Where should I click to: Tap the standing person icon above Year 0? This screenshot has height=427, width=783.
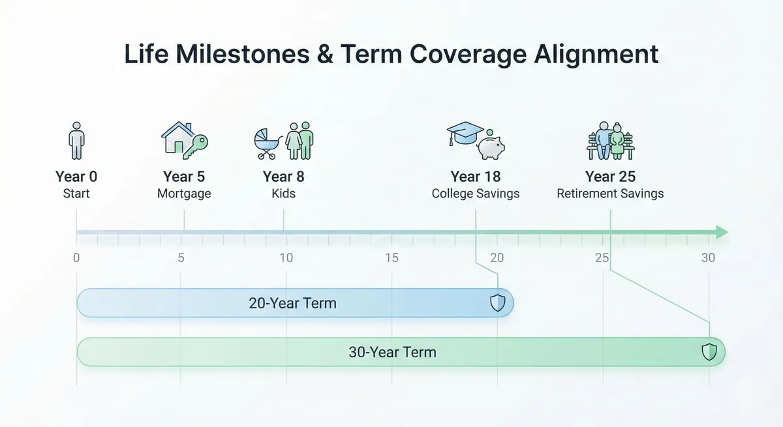coord(77,140)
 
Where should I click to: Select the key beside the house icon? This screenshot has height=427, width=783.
coord(195,145)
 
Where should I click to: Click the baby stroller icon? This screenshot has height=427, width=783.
coord(268,143)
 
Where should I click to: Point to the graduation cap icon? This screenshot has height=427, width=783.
coord(465,133)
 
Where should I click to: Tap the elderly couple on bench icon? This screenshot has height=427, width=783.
coord(610,140)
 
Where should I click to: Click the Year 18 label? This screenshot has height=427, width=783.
coord(475,177)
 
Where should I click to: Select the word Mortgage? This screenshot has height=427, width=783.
coord(184,194)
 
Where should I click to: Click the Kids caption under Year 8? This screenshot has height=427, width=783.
coord(283,194)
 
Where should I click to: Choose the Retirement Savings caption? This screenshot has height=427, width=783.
coord(610,194)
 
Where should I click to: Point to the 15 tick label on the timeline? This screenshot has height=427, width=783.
coord(391,258)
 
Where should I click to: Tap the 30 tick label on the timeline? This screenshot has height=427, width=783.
coord(708,258)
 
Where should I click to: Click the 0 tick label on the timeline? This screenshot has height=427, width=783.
coord(76,258)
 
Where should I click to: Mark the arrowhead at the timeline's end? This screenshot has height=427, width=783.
coord(721,232)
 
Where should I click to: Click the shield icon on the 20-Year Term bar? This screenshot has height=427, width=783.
coord(498,302)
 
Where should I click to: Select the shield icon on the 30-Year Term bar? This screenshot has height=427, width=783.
coord(709,352)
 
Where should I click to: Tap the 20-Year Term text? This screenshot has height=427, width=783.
coord(292,303)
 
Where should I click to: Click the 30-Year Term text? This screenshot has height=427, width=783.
coord(392,353)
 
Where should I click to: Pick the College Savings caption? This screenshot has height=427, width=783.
coord(476,194)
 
